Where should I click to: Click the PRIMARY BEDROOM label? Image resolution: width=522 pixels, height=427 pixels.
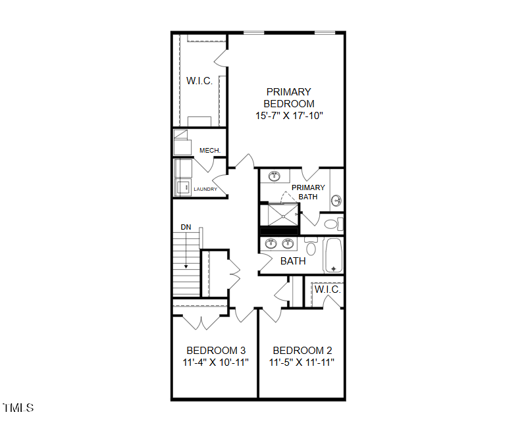[288, 97]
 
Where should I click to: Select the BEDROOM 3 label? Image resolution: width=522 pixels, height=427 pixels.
[215, 351]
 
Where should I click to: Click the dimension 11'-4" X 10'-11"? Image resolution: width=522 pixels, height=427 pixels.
[215, 363]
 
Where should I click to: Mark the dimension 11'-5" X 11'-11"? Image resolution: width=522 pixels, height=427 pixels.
[302, 363]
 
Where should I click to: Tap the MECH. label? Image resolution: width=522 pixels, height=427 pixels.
[209, 151]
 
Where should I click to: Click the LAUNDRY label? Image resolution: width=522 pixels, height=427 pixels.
[205, 189]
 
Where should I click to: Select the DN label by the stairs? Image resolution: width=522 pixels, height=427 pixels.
[186, 227]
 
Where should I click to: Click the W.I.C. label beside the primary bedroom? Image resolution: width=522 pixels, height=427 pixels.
[199, 81]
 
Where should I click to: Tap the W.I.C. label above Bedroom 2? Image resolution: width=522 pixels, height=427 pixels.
[327, 289]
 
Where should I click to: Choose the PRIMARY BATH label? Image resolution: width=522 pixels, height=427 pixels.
[308, 191]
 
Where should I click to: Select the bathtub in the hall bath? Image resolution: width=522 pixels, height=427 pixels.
[334, 255]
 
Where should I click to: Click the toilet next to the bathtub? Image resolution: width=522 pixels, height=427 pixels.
[311, 247]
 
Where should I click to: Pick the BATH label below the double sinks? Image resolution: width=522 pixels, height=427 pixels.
[293, 261]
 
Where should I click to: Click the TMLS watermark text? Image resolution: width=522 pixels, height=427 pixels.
[18, 408]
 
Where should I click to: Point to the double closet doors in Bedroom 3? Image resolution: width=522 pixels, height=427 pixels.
[201, 322]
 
